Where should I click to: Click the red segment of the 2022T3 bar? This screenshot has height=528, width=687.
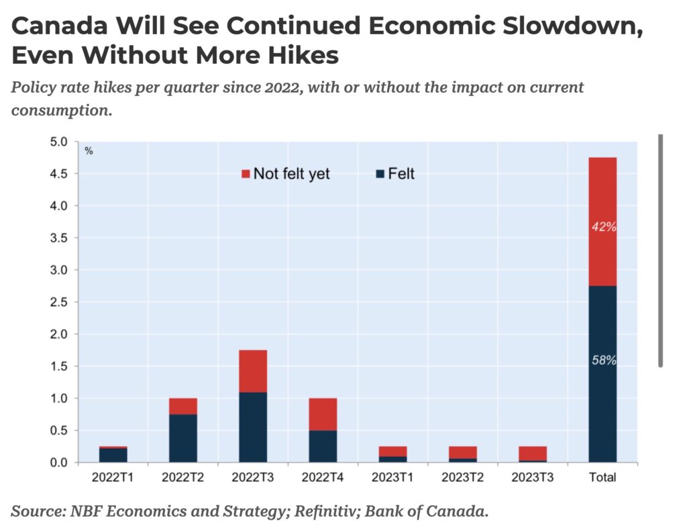point(253,371)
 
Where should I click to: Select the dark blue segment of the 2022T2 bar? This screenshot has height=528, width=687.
point(183,438)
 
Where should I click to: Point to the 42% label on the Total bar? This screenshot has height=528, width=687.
point(603,227)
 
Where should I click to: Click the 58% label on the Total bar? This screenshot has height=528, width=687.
point(603,361)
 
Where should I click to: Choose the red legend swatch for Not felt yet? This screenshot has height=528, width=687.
point(246,174)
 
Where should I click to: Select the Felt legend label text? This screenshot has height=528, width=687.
point(401,174)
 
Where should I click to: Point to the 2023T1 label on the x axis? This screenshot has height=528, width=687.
point(392,478)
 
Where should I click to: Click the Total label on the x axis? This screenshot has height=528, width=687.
point(602,478)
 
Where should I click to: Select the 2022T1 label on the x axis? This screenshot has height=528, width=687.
point(113,478)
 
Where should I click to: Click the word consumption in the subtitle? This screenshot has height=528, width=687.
point(61,109)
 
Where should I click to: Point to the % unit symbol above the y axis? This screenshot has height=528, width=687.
point(89,151)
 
